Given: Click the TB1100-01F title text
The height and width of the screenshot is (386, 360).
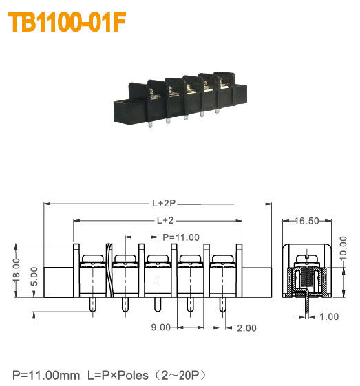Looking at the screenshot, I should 67,22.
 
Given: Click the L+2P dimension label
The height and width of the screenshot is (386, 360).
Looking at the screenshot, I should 165,204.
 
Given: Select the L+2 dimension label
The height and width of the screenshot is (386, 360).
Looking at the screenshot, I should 164,220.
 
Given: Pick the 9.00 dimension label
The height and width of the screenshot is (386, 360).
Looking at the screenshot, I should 160,328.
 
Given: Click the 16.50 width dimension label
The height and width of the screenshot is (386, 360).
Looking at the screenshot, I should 306,221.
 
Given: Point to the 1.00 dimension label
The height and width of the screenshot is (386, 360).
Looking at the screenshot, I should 329,317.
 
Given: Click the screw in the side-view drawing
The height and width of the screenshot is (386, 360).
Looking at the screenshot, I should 306,261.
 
